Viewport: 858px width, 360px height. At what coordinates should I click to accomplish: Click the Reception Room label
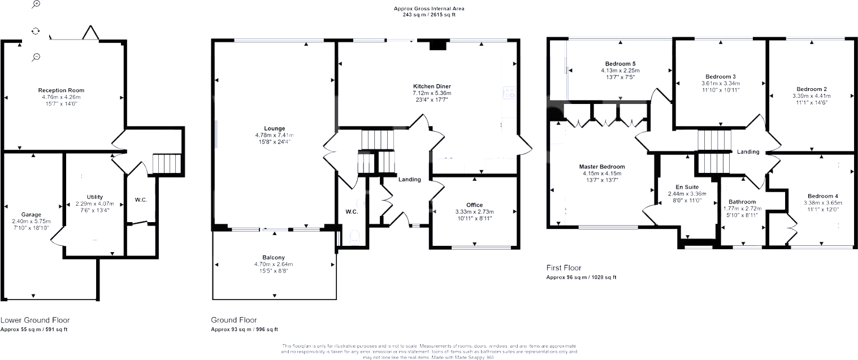[x=61, y=90]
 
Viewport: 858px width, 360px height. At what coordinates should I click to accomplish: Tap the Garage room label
[x=32, y=215]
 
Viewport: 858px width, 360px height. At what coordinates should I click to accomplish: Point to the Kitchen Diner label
[x=431, y=86]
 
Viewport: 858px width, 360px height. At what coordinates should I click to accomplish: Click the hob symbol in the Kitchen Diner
[x=509, y=92]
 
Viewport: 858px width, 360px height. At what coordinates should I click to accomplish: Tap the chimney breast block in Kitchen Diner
[x=437, y=46]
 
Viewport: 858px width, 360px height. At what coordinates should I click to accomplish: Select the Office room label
[x=474, y=205]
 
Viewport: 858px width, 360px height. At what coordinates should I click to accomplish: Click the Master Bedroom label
[x=602, y=167]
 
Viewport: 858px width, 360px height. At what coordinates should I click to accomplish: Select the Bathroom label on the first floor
[x=742, y=202]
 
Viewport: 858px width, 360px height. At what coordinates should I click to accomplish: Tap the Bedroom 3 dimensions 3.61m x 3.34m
[x=721, y=83]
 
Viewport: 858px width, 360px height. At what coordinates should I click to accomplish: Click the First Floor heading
[x=564, y=268]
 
